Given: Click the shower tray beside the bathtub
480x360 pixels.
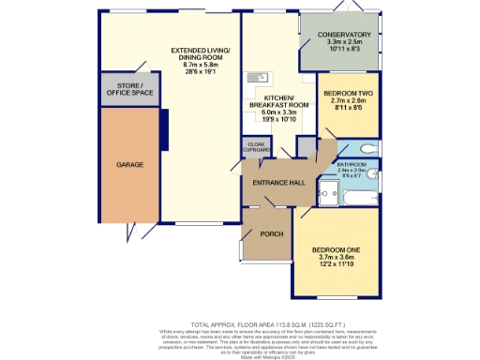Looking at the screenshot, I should [329, 192].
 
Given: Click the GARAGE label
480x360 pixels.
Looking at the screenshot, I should [129, 165].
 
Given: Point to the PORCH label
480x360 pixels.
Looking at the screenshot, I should [271, 233].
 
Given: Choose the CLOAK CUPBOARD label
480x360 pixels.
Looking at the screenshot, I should [256, 147].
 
